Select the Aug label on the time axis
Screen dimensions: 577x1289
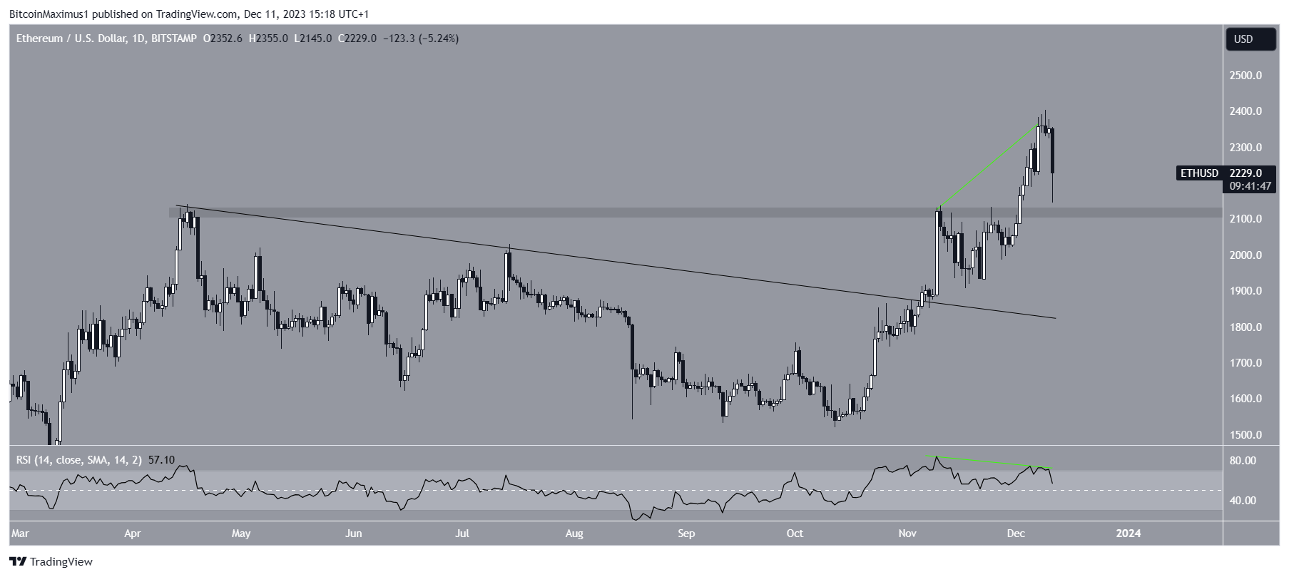(x=574, y=533)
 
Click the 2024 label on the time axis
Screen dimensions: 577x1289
(x=1128, y=533)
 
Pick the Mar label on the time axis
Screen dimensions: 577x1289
(x=21, y=533)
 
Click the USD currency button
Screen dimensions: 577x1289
(x=1250, y=39)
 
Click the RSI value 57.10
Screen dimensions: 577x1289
(x=161, y=460)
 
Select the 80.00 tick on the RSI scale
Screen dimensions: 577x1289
(x=1243, y=461)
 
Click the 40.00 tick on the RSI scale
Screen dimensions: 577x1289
(x=1243, y=501)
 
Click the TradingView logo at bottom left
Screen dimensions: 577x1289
(x=51, y=562)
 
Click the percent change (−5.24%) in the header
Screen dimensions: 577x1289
(x=439, y=39)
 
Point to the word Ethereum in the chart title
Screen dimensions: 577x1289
(x=39, y=39)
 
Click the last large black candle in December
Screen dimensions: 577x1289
(x=1053, y=150)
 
